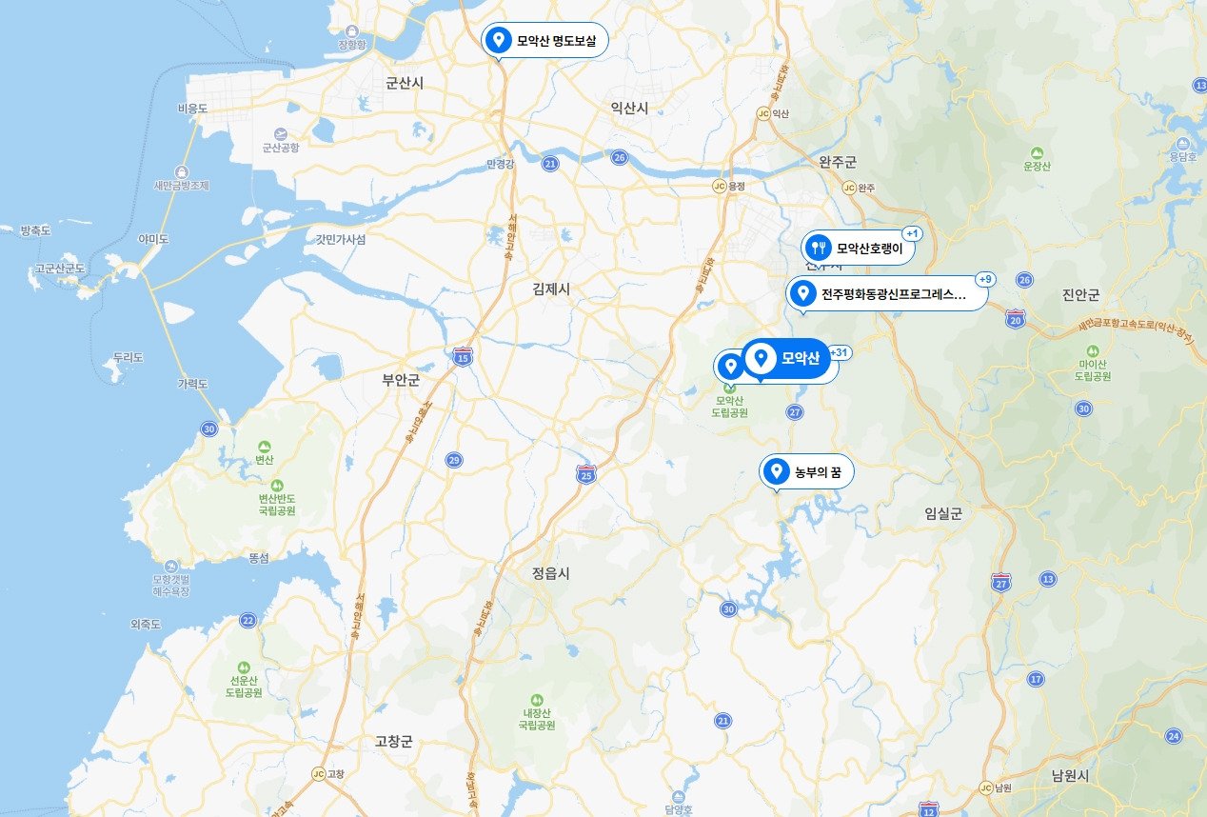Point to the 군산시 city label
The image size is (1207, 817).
(405, 84)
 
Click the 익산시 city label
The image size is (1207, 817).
(629, 109)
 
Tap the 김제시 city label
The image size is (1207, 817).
(551, 288)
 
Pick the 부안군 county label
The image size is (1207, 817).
(401, 380)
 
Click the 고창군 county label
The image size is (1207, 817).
(393, 742)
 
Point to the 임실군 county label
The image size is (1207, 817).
(943, 513)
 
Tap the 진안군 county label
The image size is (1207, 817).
(1080, 294)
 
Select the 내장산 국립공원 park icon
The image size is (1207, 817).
(536, 699)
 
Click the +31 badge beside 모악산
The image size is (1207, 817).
(840, 352)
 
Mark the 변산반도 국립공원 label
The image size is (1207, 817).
(277, 504)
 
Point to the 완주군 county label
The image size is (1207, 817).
(838, 163)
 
